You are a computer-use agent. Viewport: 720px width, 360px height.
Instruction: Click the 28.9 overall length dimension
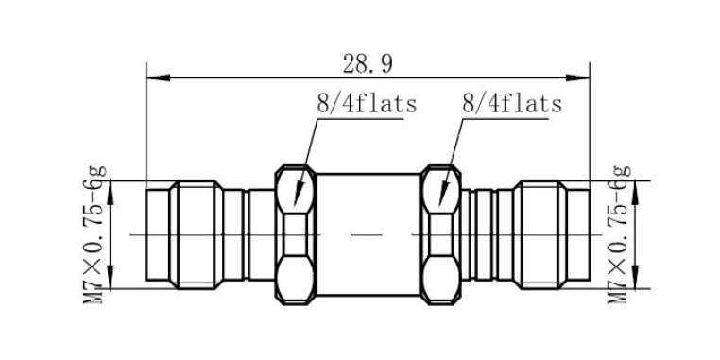coord(368,64)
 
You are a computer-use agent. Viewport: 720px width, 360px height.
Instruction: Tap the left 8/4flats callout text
coord(367,104)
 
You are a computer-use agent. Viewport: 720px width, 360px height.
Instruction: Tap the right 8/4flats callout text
coord(512,104)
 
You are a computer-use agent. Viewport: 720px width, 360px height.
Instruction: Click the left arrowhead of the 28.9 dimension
coord(158,77)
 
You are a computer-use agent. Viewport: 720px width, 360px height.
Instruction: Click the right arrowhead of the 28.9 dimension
coord(577,77)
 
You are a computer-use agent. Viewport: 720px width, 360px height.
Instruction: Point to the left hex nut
coord(296,234)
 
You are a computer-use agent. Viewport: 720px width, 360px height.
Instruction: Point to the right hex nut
coord(441,234)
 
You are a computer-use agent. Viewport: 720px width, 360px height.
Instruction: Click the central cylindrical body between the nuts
coord(369,234)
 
